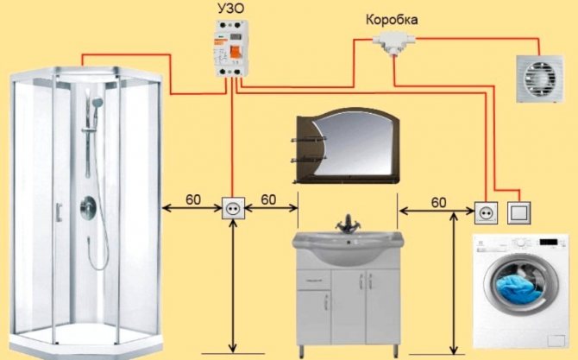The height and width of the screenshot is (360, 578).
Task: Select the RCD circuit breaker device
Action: [x=230, y=53]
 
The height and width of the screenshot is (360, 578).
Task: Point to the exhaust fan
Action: [x=538, y=77]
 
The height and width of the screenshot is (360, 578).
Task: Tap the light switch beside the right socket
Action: [x=519, y=210]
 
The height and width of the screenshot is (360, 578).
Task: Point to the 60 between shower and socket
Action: [x=192, y=199]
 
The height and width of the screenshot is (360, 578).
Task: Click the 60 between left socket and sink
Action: [x=268, y=199]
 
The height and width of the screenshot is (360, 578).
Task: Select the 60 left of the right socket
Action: [x=438, y=201]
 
